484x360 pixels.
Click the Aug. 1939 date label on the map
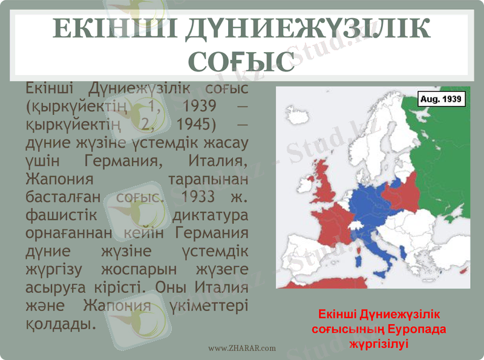point(442,98)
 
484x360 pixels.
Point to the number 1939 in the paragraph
point(199,106)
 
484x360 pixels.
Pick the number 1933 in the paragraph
point(200,197)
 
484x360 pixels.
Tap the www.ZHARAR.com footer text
point(242,348)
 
